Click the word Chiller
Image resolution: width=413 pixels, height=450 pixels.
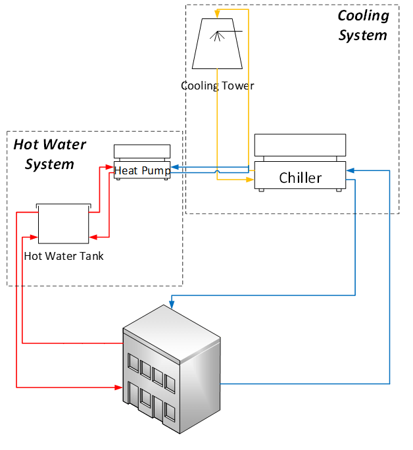pyautogui.click(x=301, y=178)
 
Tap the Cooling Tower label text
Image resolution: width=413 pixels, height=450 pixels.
pyautogui.click(x=217, y=86)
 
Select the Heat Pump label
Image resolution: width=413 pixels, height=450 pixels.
pyautogui.click(x=142, y=170)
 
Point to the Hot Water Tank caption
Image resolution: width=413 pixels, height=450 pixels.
pyautogui.click(x=63, y=256)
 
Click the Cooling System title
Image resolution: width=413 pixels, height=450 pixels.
pyautogui.click(x=363, y=25)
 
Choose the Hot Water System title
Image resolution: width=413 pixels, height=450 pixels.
pyautogui.click(x=49, y=154)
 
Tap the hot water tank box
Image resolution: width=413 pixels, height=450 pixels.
pyautogui.click(x=63, y=224)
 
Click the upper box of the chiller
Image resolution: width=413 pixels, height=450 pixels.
pyautogui.click(x=300, y=144)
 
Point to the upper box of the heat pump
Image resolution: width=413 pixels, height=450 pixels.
pyautogui.click(x=142, y=151)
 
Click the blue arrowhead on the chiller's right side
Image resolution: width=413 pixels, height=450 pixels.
pyautogui.click(x=350, y=171)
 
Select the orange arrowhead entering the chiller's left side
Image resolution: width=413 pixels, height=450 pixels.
pyautogui.click(x=251, y=178)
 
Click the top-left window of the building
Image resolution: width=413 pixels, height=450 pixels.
pyautogui.click(x=133, y=362)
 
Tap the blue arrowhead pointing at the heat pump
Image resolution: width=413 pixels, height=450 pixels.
pyautogui.click(x=175, y=168)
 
